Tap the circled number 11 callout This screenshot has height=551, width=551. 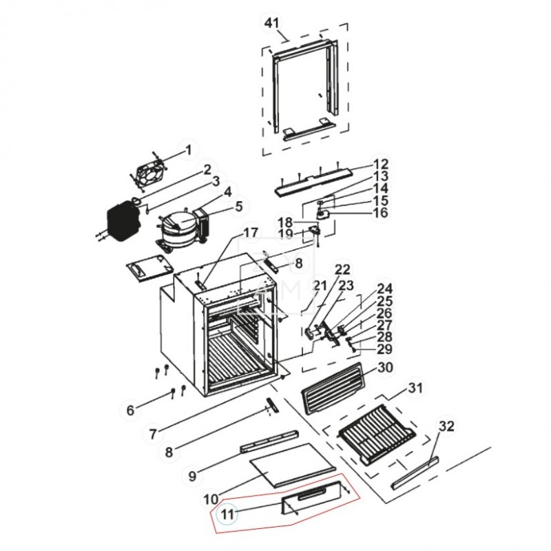point(227,513)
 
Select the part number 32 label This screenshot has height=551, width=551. point(447,427)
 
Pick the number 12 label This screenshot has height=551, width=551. point(381,165)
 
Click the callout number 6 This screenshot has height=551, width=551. point(130,411)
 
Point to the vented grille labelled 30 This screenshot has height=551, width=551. point(331,390)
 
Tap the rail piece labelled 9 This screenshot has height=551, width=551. point(269,441)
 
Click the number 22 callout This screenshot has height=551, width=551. point(342,269)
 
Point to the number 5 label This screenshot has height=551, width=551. point(239,206)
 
